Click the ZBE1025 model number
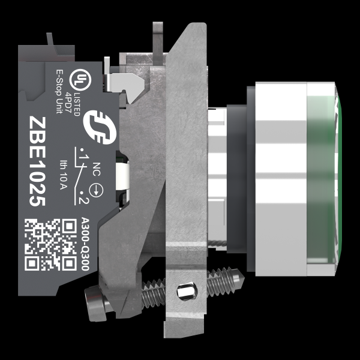coord(37,161)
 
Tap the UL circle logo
coord(80,80)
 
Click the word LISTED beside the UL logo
coord(77,104)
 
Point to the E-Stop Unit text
coord(59,91)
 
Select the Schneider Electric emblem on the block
coord(100,127)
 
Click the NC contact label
coord(97,169)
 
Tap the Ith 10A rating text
coord(63,175)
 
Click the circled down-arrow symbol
coord(96,190)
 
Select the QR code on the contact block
coord(50,245)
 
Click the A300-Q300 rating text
coord(85,244)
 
